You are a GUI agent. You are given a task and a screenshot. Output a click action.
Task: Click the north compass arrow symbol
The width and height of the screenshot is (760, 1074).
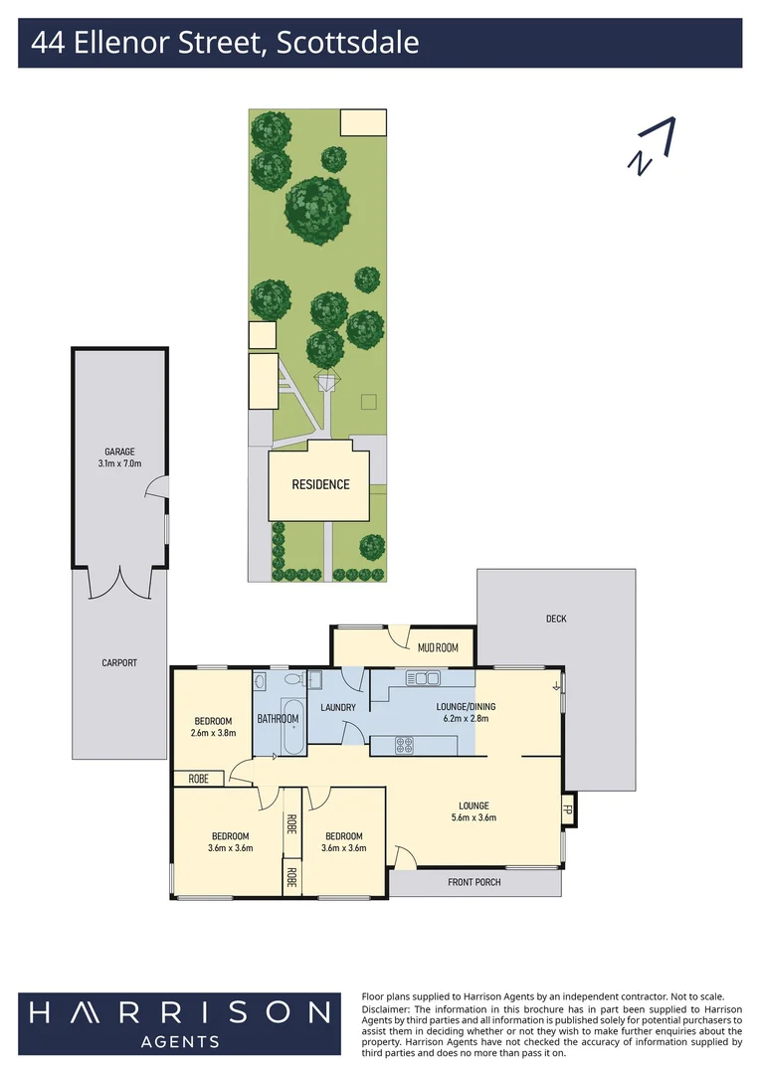653,147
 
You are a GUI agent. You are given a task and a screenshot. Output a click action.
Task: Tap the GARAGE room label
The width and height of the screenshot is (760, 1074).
119,451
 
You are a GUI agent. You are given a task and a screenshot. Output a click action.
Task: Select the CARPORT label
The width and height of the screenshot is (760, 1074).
119,662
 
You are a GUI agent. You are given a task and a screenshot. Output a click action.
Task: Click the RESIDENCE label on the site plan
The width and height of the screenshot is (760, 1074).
320,485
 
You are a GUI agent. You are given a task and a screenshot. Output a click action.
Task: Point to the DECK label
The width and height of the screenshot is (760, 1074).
556,619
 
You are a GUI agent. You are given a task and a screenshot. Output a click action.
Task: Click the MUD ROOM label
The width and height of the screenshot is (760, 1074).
438,647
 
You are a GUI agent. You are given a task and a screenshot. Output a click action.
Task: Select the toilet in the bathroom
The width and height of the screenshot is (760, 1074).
293,680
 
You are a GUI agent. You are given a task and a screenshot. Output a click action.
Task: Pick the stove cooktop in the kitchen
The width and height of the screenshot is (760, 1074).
404,745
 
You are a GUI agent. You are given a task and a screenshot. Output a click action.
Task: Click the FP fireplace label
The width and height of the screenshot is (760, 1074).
569,808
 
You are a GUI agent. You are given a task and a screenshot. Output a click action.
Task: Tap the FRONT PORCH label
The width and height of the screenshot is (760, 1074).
475,882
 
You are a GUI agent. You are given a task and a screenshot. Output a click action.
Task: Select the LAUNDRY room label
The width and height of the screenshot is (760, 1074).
338,708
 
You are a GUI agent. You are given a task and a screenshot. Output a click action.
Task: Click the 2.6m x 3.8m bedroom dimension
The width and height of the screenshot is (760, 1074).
213,733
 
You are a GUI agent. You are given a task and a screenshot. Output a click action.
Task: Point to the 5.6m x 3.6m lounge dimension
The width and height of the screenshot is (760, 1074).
474,818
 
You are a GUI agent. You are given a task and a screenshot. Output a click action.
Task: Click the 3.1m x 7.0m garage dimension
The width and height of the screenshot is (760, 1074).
119,463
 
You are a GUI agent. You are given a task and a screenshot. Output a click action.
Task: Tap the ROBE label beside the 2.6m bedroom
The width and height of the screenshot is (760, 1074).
199,779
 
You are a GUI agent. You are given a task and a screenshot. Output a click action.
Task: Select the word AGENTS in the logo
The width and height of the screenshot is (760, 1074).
180,1041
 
